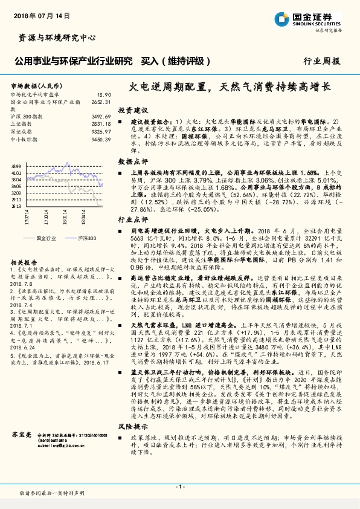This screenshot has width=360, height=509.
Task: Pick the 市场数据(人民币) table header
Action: tap(37, 86)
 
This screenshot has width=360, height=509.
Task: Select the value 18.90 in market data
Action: tap(104, 94)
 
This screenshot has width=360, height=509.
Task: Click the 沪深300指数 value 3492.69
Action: tap(100, 115)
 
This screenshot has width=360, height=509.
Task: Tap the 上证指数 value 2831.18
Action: tap(100, 123)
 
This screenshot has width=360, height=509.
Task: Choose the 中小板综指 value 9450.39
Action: tap(100, 138)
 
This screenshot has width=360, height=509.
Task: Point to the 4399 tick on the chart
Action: tap(16, 166)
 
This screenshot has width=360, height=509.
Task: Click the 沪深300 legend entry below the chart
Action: tap(88, 238)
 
